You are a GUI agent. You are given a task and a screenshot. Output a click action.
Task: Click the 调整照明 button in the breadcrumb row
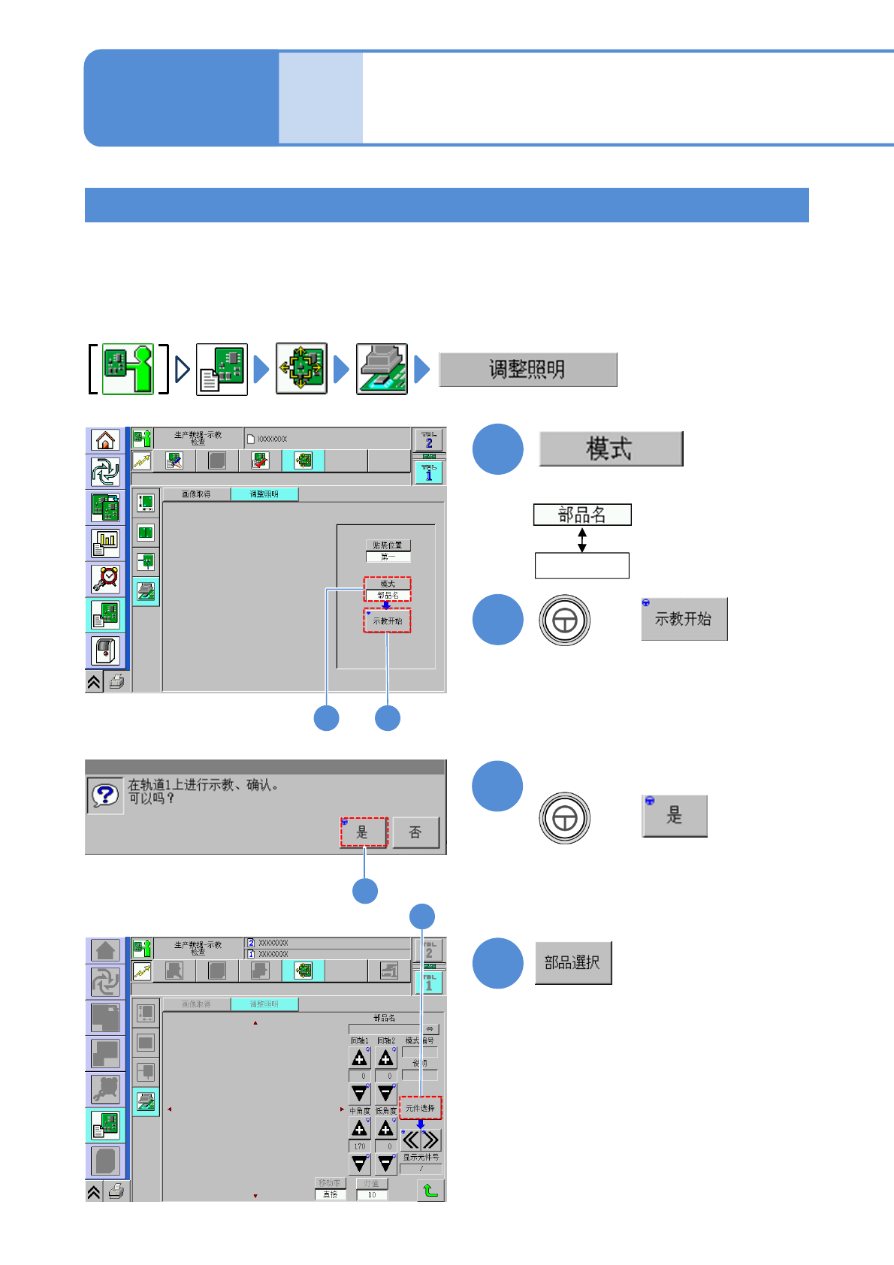[x=527, y=370]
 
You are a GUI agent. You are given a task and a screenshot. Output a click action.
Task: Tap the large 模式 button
[x=610, y=449]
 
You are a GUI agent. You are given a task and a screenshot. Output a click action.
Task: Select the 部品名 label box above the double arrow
[x=581, y=515]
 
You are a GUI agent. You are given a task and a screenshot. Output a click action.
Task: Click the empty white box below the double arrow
[x=581, y=566]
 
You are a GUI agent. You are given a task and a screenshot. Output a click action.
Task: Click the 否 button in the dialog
[x=415, y=832]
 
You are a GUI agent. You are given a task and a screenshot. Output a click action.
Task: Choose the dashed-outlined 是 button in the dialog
[x=364, y=832]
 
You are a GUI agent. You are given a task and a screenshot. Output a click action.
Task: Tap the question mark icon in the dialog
[x=105, y=796]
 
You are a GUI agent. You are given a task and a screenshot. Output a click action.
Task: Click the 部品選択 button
[x=572, y=963]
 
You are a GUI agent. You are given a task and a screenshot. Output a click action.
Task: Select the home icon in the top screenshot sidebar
[x=105, y=440]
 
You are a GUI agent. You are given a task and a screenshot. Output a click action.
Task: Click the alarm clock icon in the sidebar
[x=105, y=578]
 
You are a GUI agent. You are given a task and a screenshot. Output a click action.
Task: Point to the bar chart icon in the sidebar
[x=105, y=542]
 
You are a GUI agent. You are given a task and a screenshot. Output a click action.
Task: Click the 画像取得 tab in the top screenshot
[x=196, y=494]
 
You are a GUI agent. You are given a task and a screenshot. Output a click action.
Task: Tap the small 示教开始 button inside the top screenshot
[x=388, y=621]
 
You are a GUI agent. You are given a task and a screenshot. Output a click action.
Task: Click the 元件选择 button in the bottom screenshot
[x=421, y=1108]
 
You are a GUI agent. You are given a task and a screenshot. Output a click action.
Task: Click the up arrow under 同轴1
[x=360, y=1058]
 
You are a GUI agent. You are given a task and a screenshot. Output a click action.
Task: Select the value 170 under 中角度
[x=360, y=1146]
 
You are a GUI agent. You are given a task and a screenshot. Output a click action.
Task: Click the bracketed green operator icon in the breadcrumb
[x=128, y=369]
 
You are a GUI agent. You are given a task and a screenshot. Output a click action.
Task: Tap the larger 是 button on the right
[x=675, y=816]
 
